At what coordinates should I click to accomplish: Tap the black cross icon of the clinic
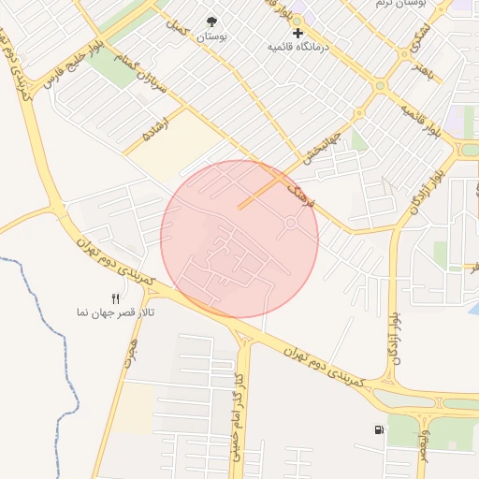click(298, 33)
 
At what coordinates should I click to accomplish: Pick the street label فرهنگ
click(298, 191)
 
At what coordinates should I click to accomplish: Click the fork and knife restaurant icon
click(116, 298)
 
